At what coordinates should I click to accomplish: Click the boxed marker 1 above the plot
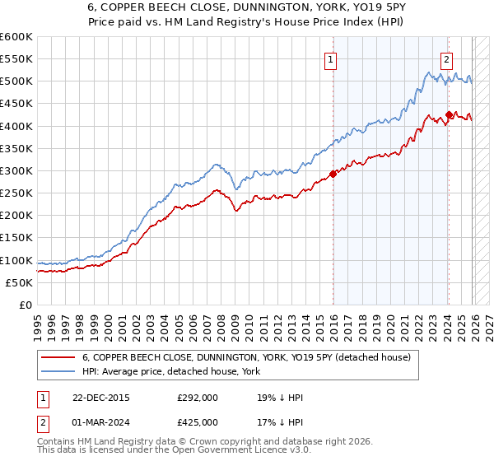(330, 58)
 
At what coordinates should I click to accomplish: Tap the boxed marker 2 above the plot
(445, 58)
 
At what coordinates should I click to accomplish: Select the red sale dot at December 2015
(333, 174)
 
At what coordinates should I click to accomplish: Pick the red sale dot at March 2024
(449, 114)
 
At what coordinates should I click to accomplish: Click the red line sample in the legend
(58, 358)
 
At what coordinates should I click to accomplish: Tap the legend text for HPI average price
(171, 371)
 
